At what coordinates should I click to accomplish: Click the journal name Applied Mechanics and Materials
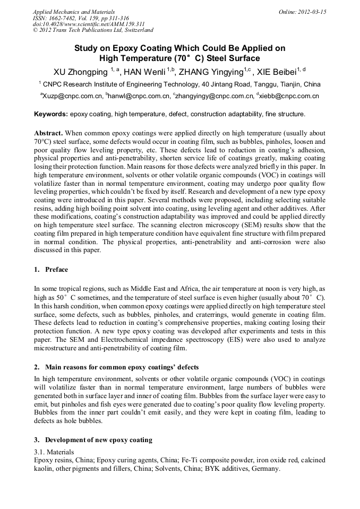coord(74,11)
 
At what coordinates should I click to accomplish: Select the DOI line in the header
coord(89,24)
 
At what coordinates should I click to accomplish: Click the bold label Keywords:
coord(51,114)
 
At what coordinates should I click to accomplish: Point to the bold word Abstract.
coord(49,133)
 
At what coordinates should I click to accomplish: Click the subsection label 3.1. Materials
coord(55,452)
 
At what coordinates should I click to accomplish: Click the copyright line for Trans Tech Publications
coord(93,30)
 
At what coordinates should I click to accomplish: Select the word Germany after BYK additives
coord(264,470)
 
